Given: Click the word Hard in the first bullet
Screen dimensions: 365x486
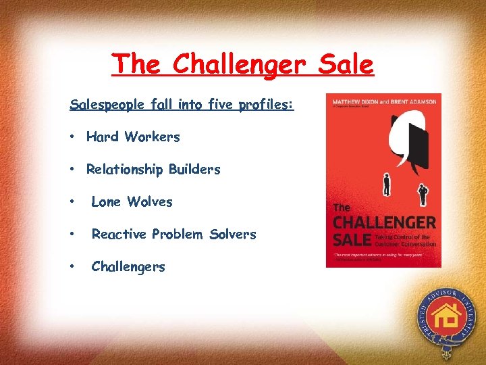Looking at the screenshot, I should tap(103, 137).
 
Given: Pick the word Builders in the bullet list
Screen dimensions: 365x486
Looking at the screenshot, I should tap(194, 169).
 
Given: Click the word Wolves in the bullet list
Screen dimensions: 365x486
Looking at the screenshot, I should tap(150, 201).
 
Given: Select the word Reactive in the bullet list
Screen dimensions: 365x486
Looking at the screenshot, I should tap(119, 234).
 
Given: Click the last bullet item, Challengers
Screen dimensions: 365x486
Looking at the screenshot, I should tap(128, 266).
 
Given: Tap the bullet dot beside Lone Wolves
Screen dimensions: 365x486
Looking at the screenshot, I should tap(71, 201).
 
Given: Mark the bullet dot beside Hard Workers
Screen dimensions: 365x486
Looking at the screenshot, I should tap(71, 137).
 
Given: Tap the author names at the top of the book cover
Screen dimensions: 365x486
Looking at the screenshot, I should tap(383, 102).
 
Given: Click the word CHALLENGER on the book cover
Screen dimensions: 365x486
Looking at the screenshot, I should tap(385, 222).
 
